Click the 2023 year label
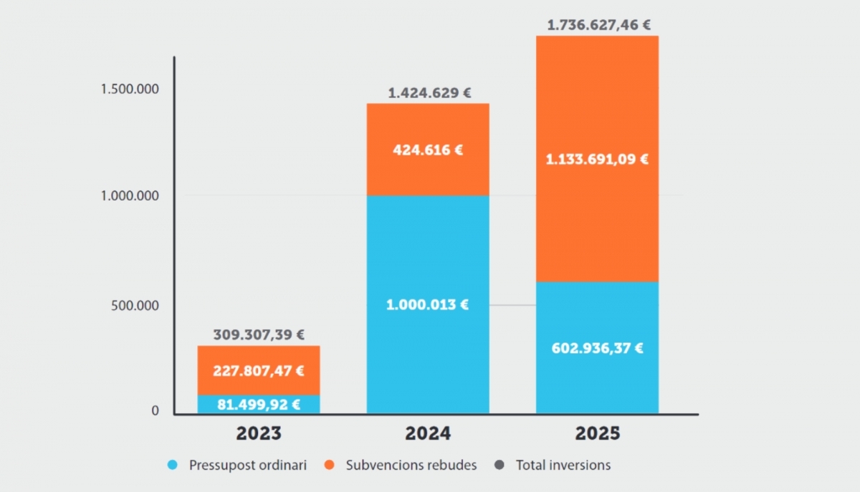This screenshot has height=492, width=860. click(259, 434)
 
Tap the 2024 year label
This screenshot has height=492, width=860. click(428, 434)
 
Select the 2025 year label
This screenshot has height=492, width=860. click(597, 434)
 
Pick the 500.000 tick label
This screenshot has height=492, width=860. click(135, 306)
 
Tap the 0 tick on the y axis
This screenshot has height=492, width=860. click(155, 412)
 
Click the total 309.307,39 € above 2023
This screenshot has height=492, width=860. click(259, 334)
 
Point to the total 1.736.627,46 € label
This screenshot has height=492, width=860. click(598, 25)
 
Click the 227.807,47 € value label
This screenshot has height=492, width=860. click(259, 371)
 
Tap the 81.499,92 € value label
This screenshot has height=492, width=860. click(259, 405)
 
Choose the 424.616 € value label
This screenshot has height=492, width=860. click(428, 150)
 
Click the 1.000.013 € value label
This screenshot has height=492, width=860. click(428, 304)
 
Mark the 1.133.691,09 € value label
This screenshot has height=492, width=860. click(597, 159)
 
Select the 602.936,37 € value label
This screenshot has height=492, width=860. click(597, 349)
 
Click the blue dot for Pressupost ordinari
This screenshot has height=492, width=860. click(172, 466)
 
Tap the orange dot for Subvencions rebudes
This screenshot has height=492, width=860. click(329, 466)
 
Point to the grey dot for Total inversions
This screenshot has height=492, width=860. click(499, 466)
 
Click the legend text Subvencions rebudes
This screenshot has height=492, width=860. click(411, 466)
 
